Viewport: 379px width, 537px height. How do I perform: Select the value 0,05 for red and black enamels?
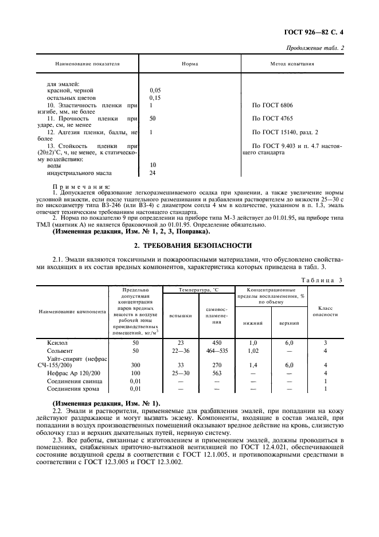(155, 91)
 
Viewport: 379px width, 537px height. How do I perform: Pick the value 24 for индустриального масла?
(153, 173)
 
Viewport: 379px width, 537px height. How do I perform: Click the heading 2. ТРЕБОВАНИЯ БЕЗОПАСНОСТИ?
(189, 245)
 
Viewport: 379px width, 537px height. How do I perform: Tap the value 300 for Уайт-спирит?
(135, 365)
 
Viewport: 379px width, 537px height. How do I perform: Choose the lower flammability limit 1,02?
(253, 350)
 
